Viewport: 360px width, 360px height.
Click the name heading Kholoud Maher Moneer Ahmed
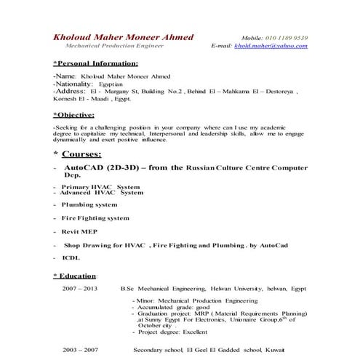119,36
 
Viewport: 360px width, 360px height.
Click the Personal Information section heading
95,64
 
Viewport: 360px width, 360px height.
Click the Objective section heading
73,115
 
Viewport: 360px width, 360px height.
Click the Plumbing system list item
89,205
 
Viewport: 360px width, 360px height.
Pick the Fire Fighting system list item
95,217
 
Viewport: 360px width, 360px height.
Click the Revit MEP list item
80,231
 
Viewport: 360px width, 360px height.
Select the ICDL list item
71,257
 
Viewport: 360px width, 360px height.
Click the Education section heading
75,276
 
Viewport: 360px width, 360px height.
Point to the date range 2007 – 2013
79,288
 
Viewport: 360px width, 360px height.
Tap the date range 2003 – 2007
79,349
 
